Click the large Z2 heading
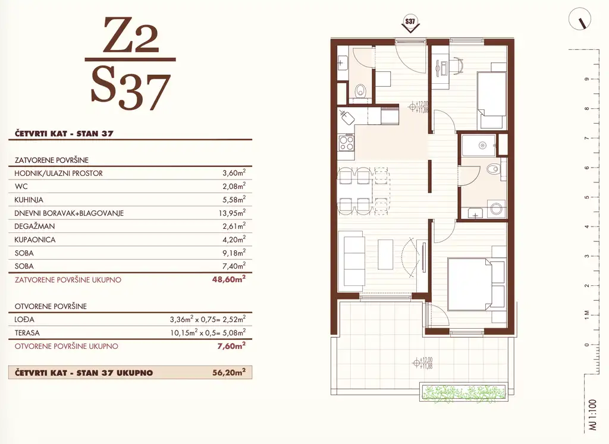point(131,35)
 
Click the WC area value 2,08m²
point(234,186)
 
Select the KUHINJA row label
point(29,200)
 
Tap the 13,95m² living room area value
point(233,213)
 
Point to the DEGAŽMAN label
point(34,226)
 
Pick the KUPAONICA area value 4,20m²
point(234,240)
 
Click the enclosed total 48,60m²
point(229,279)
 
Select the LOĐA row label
point(24,319)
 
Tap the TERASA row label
point(27,333)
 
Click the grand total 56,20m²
point(229,373)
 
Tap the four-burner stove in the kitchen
point(347,143)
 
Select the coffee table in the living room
point(385,254)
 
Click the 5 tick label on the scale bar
point(586,197)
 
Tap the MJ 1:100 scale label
point(592,414)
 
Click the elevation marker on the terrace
point(423,363)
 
